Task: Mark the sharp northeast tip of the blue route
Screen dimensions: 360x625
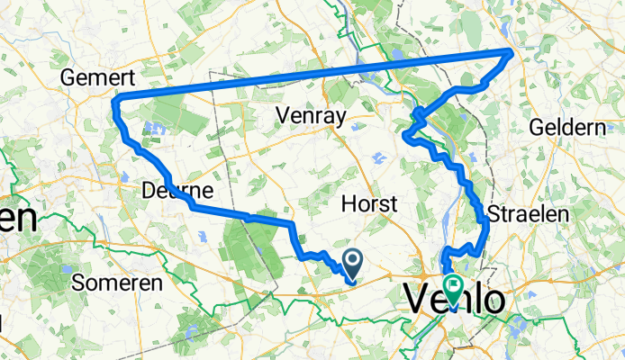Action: point(512,52)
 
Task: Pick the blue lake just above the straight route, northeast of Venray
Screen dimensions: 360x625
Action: point(397,56)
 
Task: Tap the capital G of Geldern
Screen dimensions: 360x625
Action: point(538,126)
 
